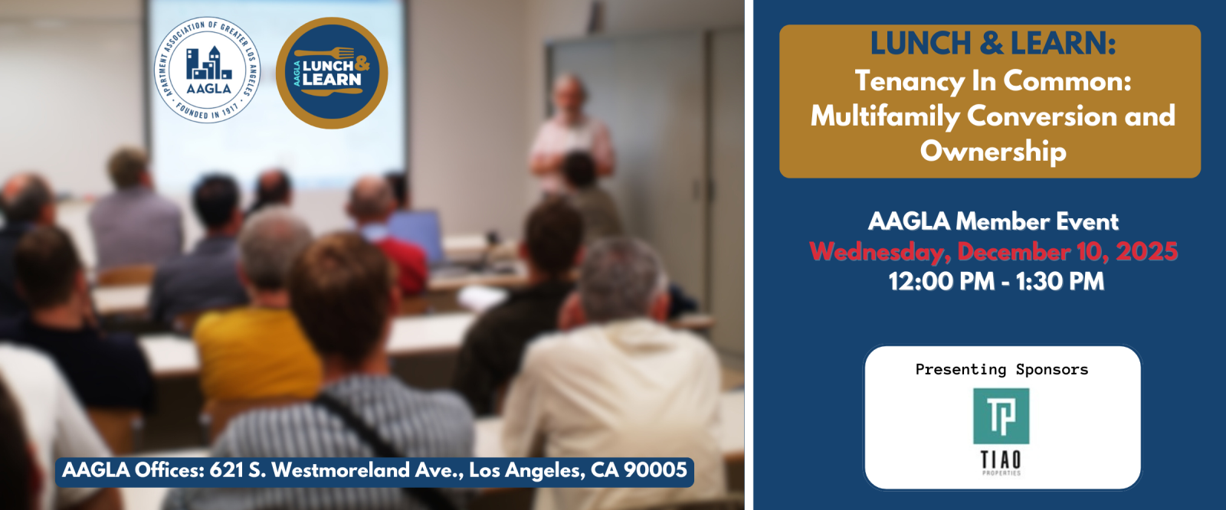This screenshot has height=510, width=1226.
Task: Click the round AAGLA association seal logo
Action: click(x=207, y=70)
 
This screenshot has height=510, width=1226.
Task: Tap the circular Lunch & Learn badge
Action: click(x=332, y=74)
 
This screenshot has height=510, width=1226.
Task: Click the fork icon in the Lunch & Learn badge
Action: click(x=325, y=54)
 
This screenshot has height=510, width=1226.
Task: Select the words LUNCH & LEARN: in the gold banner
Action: click(x=993, y=44)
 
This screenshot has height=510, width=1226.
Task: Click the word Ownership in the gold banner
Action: click(x=993, y=151)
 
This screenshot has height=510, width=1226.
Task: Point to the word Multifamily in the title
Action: click(x=885, y=116)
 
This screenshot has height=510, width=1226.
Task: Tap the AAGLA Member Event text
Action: click(x=993, y=221)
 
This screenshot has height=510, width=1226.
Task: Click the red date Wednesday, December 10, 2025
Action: click(x=993, y=252)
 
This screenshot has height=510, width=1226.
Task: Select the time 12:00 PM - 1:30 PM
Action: click(x=996, y=282)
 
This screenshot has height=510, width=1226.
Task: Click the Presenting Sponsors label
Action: click(x=1001, y=369)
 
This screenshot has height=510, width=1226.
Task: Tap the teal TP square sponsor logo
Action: click(x=1001, y=416)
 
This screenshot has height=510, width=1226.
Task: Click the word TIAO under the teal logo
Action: click(x=1001, y=459)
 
